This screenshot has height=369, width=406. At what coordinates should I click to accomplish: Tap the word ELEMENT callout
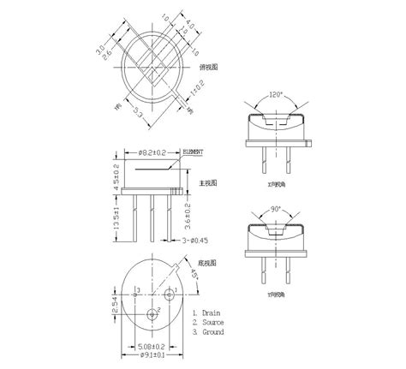click(194, 152)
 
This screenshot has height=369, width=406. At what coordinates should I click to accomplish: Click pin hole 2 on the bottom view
click(154, 313)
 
